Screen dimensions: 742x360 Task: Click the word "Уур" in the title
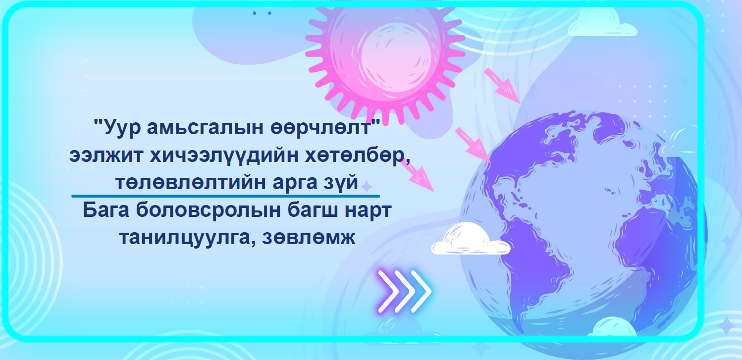pyautogui.click(x=122, y=127)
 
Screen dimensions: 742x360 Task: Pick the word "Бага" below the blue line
pyautogui.click(x=106, y=210)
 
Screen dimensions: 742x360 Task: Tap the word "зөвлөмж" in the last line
pyautogui.click(x=309, y=238)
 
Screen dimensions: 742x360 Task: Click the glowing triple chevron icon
pyautogui.click(x=405, y=291)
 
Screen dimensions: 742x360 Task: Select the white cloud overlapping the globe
pyautogui.click(x=471, y=239)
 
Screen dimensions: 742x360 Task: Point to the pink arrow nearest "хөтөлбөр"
pyautogui.click(x=417, y=175)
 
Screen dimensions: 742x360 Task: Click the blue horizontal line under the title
pyautogui.click(x=225, y=196)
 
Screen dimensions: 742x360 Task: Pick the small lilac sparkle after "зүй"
pyautogui.click(x=367, y=187)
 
